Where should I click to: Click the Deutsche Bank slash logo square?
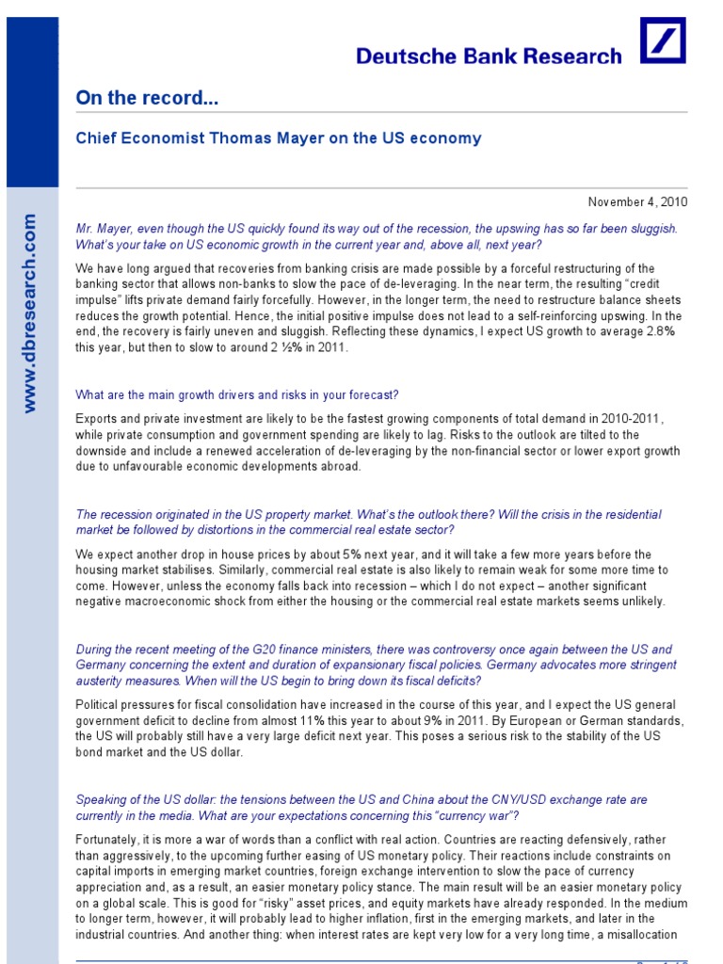click(x=663, y=40)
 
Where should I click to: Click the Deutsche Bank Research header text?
click(x=489, y=56)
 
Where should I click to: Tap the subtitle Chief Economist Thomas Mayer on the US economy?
click(x=278, y=138)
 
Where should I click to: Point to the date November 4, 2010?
click(x=637, y=201)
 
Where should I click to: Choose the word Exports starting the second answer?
click(x=97, y=417)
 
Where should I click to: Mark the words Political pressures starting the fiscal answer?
click(x=126, y=704)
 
